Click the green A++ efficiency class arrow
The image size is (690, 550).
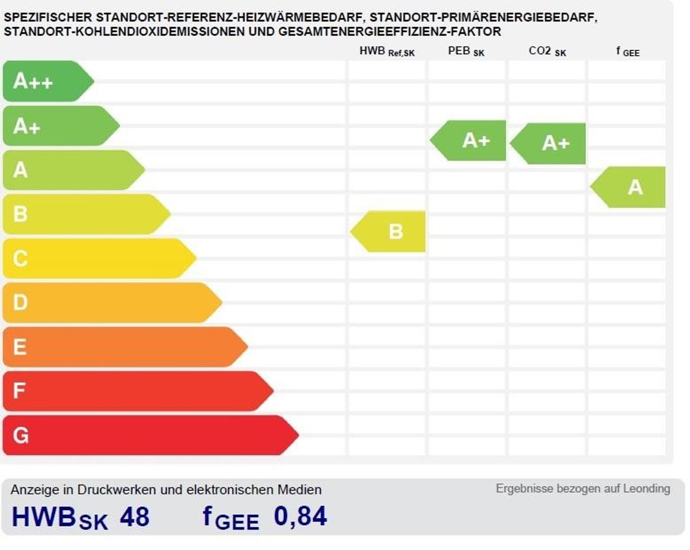click(46, 81)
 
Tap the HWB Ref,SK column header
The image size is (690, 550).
click(387, 52)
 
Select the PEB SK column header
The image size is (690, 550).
click(466, 52)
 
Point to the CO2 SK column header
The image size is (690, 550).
click(547, 52)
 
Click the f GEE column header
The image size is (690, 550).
click(627, 52)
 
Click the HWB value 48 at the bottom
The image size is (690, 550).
click(134, 517)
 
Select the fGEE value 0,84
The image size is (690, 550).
click(300, 517)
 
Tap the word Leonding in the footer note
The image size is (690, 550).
click(646, 488)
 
